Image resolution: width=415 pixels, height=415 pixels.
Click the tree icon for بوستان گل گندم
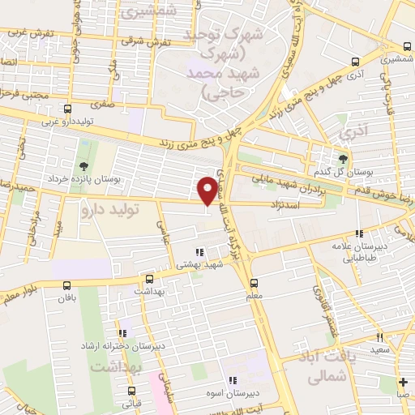pos(343,159)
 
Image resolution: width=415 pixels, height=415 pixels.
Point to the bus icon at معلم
pos(255,283)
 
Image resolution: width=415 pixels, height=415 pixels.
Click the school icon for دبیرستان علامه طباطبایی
pos(359,233)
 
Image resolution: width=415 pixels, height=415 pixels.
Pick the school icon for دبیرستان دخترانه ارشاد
pos(122,332)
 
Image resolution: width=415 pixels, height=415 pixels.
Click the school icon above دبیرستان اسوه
pos(232,380)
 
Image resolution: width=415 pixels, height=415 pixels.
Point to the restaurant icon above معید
pos(379,337)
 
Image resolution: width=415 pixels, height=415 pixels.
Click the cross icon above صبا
pos(403,382)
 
